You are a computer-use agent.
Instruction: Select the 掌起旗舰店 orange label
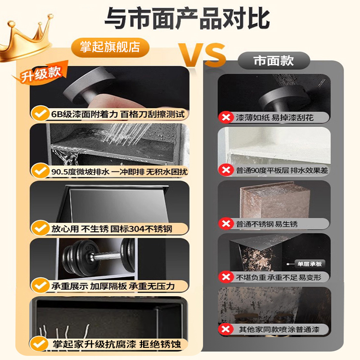pos(110,47)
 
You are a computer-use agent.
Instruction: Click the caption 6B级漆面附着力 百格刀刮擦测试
pos(117,114)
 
